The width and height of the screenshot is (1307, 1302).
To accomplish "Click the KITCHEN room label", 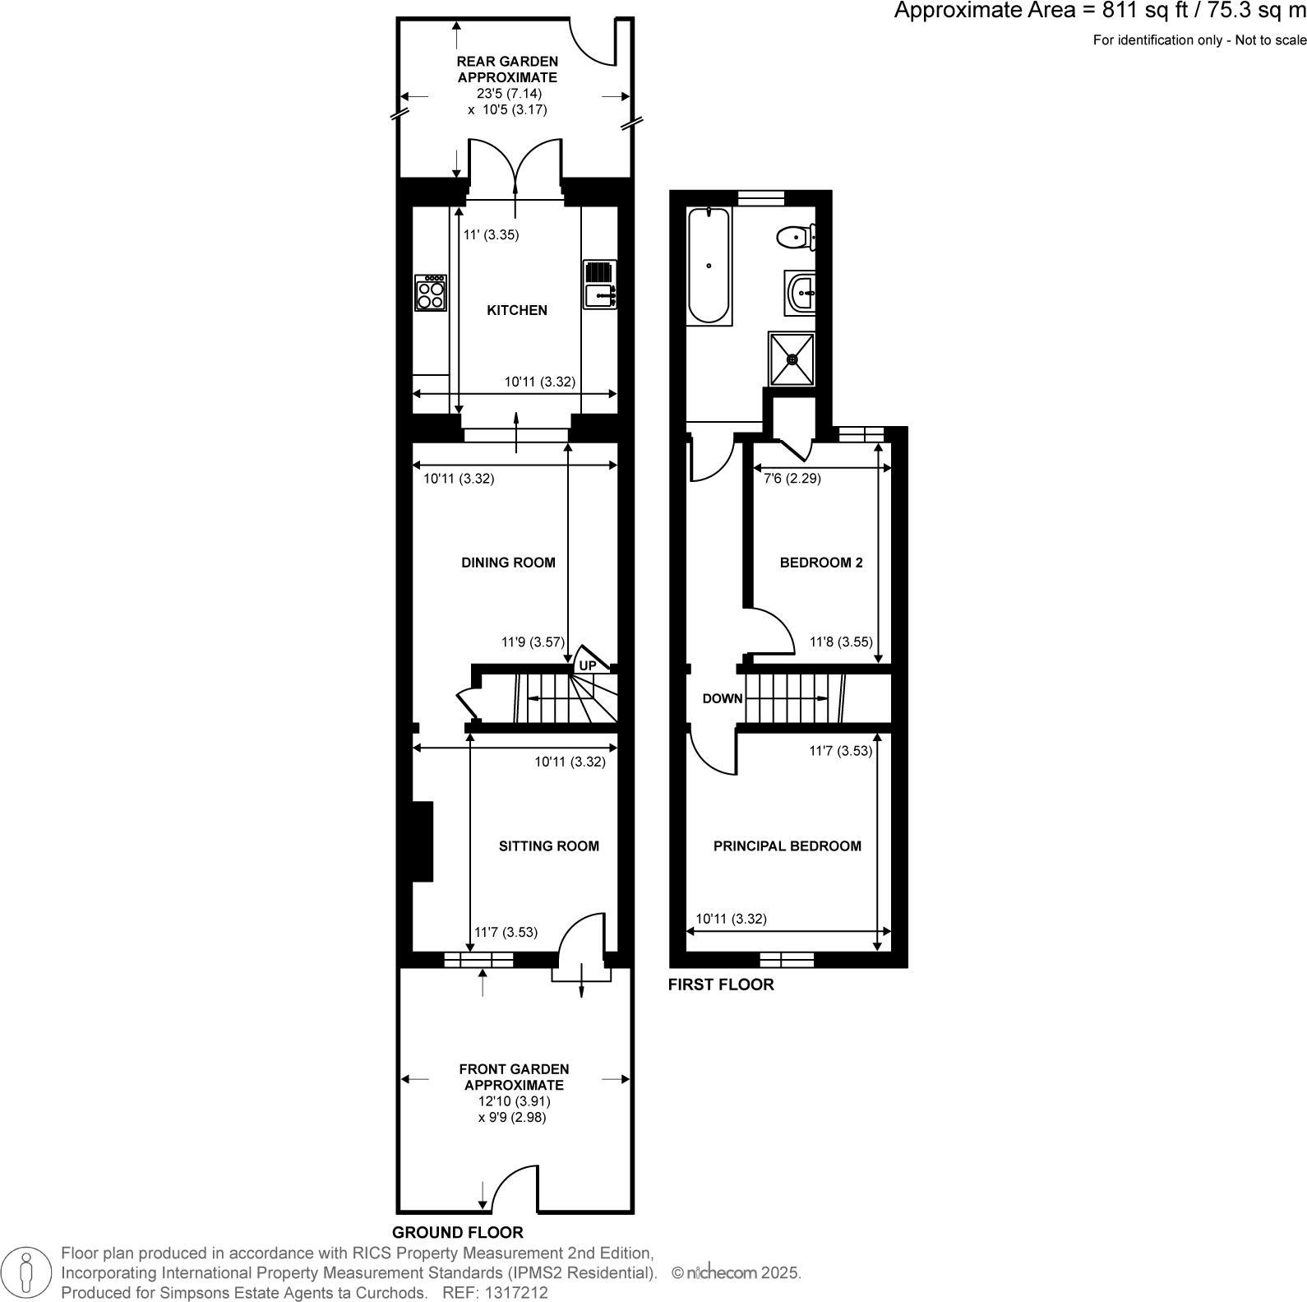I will tap(517, 310).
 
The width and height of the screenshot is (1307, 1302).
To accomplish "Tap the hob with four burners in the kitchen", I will tap(431, 293).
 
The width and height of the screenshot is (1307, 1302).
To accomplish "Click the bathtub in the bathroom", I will tap(709, 265).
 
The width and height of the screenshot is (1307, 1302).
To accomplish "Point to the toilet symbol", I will tap(795, 238).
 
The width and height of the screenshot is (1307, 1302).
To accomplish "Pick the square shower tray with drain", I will tap(792, 359).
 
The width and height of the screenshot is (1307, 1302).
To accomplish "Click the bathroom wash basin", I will tap(801, 292).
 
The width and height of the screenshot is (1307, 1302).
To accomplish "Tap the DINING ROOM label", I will tap(508, 563).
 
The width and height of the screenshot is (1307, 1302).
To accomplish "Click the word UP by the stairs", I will tap(588, 665).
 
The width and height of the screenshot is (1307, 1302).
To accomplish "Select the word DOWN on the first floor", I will tap(723, 698).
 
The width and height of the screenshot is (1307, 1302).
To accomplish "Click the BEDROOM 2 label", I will tap(820, 563).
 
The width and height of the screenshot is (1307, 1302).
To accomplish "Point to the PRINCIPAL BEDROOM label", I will tap(787, 846).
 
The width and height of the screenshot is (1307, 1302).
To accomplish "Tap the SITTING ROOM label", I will tap(548, 846).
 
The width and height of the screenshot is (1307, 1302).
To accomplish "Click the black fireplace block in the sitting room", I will tap(422, 841).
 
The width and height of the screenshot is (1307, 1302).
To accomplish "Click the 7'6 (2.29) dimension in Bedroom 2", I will tap(792, 478).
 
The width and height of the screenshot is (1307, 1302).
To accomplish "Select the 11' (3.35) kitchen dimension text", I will tap(491, 234).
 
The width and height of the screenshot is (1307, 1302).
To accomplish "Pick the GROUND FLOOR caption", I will tap(457, 1232).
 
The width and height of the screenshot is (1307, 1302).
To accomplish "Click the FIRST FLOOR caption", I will tap(721, 985).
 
